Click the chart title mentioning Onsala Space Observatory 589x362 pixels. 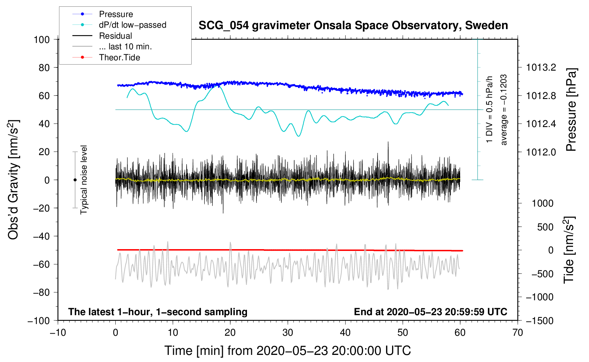[x=353, y=26]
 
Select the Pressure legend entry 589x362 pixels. [x=116, y=14]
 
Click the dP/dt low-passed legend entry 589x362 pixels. [x=132, y=25]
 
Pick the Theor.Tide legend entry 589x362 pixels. [x=119, y=57]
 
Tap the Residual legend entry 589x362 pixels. [x=115, y=36]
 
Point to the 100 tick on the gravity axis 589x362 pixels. [x=42, y=39]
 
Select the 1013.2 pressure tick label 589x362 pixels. [x=541, y=67]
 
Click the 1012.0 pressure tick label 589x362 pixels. [x=541, y=152]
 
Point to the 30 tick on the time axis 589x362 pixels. [x=288, y=333]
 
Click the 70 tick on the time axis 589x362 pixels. [x=518, y=333]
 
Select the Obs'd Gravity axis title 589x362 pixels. [x=13, y=180]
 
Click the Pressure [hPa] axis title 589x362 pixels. [x=571, y=110]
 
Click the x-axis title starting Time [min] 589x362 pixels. [x=288, y=351]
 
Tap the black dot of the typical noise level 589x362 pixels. [x=75, y=180]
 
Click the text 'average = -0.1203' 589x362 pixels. [x=504, y=110]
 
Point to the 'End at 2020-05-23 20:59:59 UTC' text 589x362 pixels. [x=430, y=312]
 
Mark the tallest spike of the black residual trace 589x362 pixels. [x=388, y=142]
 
